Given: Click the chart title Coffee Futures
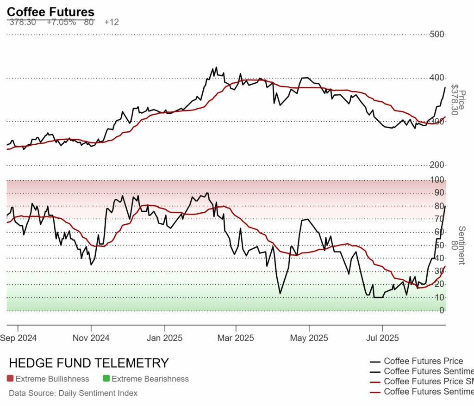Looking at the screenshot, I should (50, 12).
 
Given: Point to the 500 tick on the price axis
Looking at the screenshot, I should (437, 34).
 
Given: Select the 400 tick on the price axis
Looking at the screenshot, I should (437, 78).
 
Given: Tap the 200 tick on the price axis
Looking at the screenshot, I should (437, 165).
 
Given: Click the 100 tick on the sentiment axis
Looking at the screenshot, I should (439, 179).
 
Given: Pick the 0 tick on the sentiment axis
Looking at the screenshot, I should (442, 310).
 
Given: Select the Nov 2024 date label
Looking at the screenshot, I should (91, 338).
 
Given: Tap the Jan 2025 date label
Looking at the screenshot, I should (164, 338).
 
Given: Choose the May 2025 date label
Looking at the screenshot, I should (309, 338).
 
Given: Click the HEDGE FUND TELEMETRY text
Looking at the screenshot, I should (89, 363).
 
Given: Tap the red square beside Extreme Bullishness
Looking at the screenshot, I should (10, 379).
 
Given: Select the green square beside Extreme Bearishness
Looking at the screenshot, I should (106, 379).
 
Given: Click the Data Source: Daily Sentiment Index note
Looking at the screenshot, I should (73, 393).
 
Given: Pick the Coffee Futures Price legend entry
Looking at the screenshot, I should (423, 361).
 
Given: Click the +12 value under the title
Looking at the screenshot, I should (112, 22).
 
